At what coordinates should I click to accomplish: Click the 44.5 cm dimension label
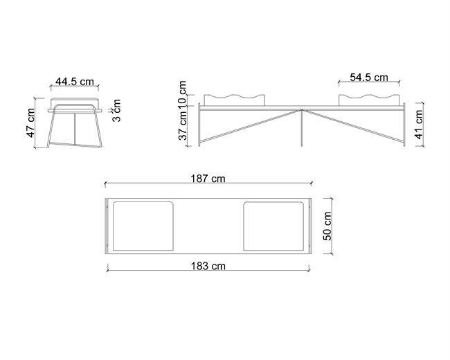[x=75, y=82]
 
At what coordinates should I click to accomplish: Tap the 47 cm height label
[x=30, y=123]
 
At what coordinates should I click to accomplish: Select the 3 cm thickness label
[x=116, y=111]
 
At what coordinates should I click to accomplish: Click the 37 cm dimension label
[x=183, y=125]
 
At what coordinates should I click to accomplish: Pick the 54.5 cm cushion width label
[x=369, y=78]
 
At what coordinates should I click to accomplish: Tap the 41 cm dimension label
[x=419, y=125]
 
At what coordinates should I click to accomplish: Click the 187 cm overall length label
[x=208, y=179]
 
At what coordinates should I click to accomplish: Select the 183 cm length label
[x=208, y=266]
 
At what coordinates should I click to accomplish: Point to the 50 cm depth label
[x=327, y=226]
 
